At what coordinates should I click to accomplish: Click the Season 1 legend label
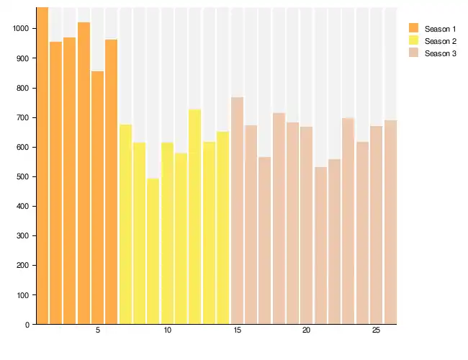tap(440, 29)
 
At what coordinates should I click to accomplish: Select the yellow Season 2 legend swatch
tap(413, 41)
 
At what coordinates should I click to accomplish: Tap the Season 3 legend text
tap(440, 54)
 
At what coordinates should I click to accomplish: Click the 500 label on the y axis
tap(22, 177)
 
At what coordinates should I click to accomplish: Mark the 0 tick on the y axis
tap(27, 325)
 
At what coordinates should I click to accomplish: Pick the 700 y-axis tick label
tap(22, 118)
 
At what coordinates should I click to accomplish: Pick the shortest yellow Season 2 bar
tap(153, 252)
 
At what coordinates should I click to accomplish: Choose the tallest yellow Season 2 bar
tap(194, 216)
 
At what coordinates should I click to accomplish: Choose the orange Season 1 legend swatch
tap(413, 28)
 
